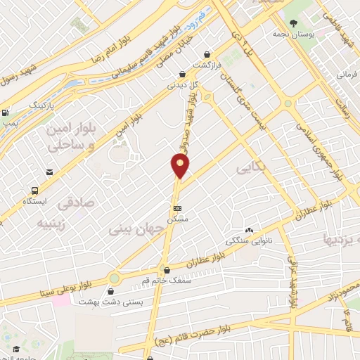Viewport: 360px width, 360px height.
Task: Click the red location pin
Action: click(181, 166)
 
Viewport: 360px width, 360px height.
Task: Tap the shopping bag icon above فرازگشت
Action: click(207, 53)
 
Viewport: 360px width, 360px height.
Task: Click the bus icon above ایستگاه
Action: click(34, 190)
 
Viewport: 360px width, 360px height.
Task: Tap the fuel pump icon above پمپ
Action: click(6, 112)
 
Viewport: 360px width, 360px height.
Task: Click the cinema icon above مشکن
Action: click(177, 208)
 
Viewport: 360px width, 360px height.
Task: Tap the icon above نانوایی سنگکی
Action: click(248, 230)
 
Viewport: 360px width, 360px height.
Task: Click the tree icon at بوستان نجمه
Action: click(292, 22)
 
